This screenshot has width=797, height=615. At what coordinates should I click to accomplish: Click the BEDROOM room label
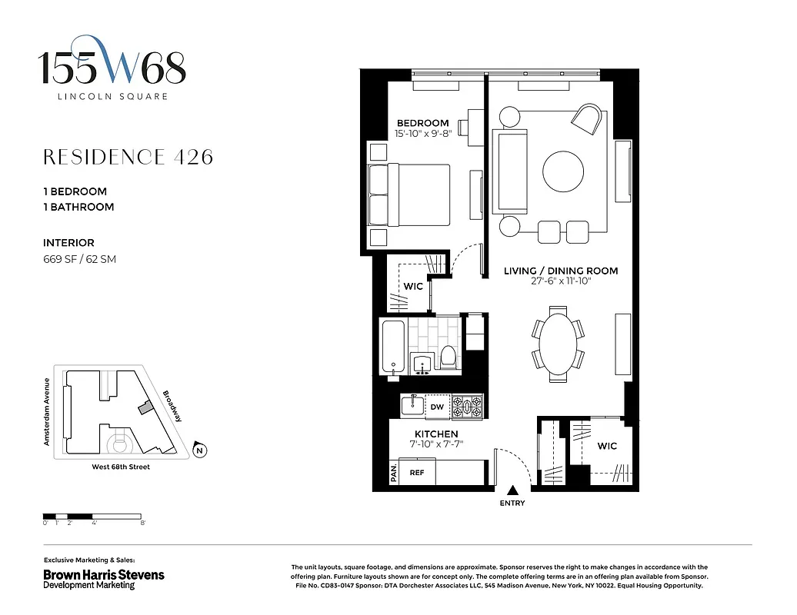pyautogui.click(x=422, y=123)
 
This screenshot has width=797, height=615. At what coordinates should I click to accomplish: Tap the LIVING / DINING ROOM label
pyautogui.click(x=561, y=271)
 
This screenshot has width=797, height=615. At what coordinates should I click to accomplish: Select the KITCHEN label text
pyautogui.click(x=437, y=434)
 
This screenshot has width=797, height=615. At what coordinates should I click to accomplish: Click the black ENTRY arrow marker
pyautogui.click(x=512, y=490)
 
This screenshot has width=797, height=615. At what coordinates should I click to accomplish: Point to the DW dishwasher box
pyautogui.click(x=436, y=407)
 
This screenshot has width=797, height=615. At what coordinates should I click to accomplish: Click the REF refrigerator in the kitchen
pyautogui.click(x=416, y=473)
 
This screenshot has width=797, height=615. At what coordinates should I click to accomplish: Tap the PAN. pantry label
pyautogui.click(x=394, y=472)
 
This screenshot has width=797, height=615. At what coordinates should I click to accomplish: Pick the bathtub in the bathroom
pyautogui.click(x=393, y=347)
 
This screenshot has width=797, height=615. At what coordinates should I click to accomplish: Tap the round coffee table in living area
pyautogui.click(x=568, y=171)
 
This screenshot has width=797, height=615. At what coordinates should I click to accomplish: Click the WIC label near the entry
pyautogui.click(x=607, y=446)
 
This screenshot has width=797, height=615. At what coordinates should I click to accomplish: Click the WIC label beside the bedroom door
pyautogui.click(x=413, y=287)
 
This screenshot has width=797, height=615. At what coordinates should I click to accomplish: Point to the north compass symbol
pyautogui.click(x=199, y=450)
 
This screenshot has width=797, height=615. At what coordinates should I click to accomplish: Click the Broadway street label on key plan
pyautogui.click(x=172, y=407)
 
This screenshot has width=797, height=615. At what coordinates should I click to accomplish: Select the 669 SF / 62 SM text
pyautogui.click(x=80, y=259)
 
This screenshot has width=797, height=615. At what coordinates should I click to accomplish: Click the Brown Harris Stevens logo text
pyautogui.click(x=103, y=575)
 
